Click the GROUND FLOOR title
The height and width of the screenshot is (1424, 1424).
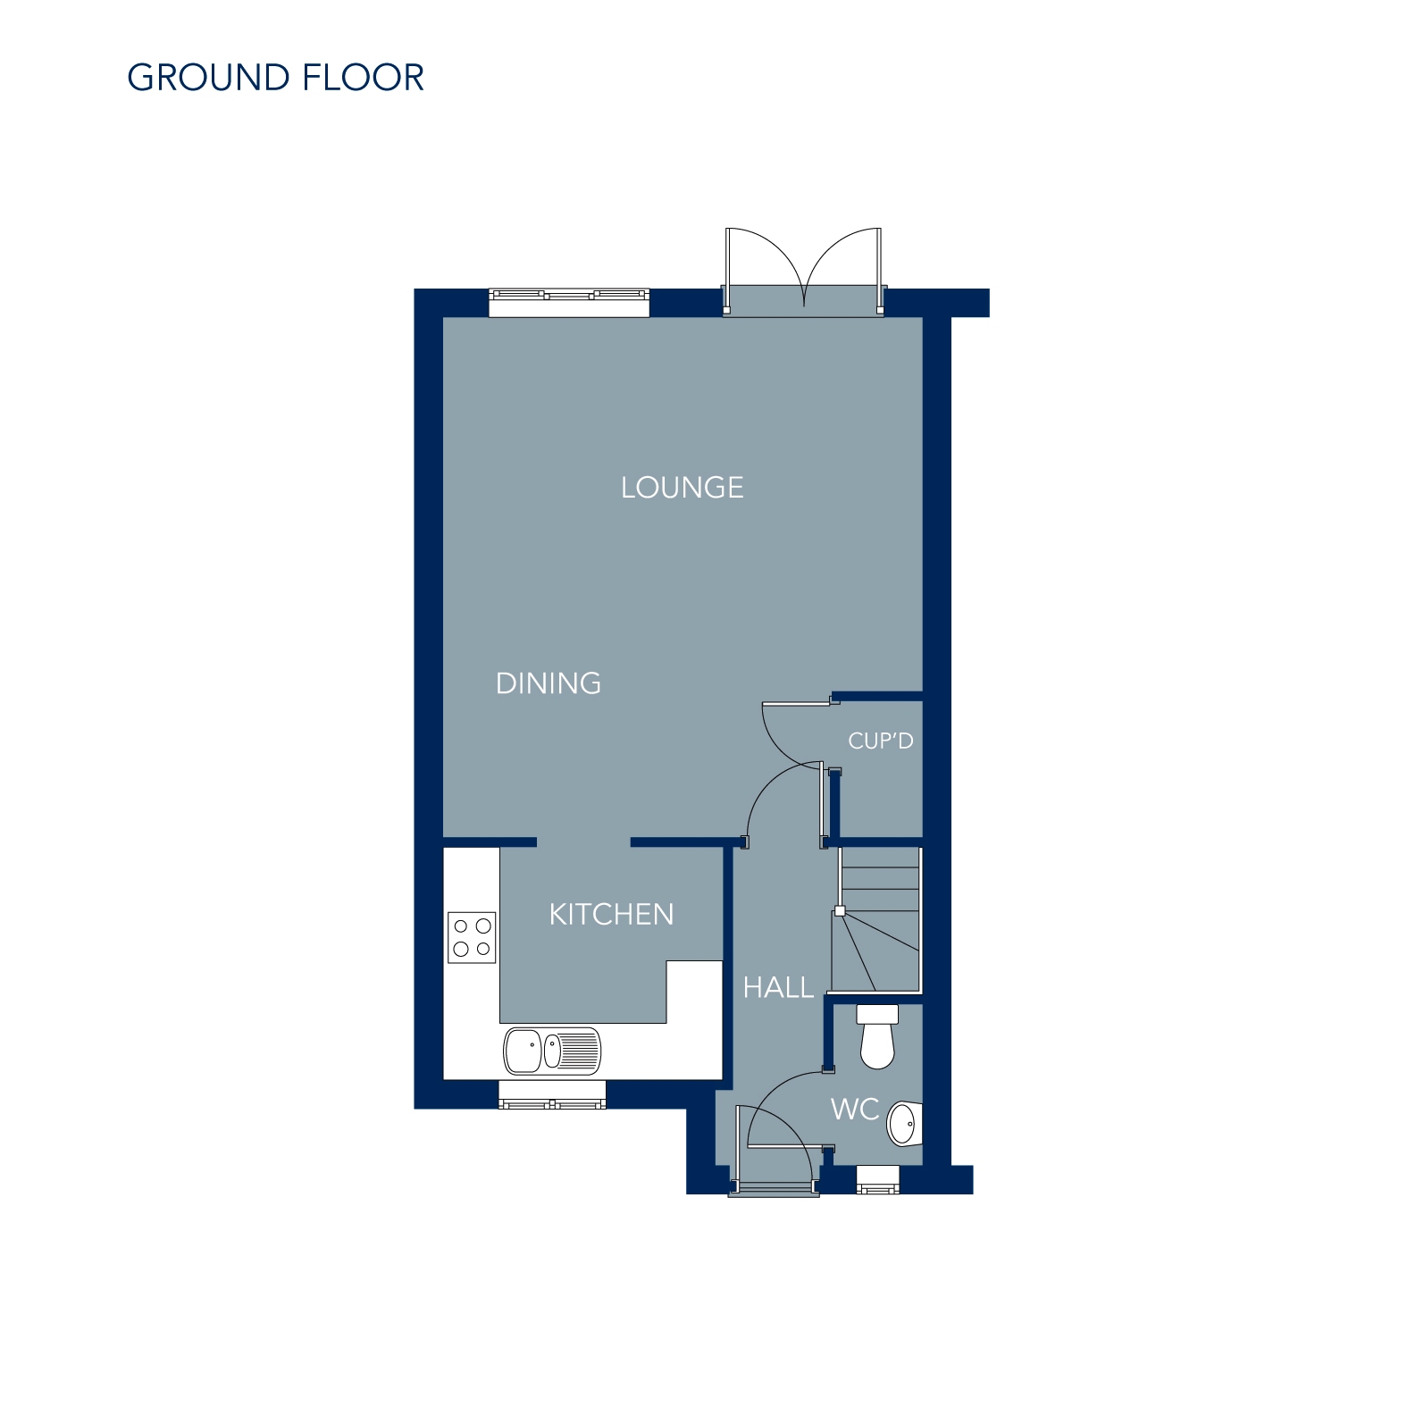click(x=275, y=78)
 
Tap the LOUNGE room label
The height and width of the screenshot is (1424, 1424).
click(x=683, y=488)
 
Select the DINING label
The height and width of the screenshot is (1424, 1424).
click(x=549, y=683)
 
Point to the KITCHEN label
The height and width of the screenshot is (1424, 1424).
click(x=611, y=915)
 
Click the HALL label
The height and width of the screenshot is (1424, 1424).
click(x=778, y=988)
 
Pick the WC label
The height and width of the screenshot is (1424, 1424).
click(x=855, y=1110)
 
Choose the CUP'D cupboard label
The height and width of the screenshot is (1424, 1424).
click(x=881, y=741)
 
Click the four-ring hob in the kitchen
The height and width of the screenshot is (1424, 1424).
click(x=472, y=937)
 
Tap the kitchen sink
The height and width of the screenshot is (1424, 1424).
click(x=552, y=1050)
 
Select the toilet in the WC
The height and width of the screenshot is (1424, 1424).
click(x=877, y=1036)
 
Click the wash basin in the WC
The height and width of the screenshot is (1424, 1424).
click(x=904, y=1124)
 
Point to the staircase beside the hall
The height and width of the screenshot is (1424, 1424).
click(x=876, y=919)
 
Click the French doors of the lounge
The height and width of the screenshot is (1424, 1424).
click(x=804, y=271)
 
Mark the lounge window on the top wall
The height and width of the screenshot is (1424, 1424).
click(x=569, y=302)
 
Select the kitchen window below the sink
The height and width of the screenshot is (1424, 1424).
click(x=552, y=1094)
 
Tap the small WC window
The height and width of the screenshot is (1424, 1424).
click(x=878, y=1180)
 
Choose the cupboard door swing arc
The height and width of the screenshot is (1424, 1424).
click(x=792, y=733)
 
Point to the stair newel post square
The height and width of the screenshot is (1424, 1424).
click(x=840, y=911)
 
